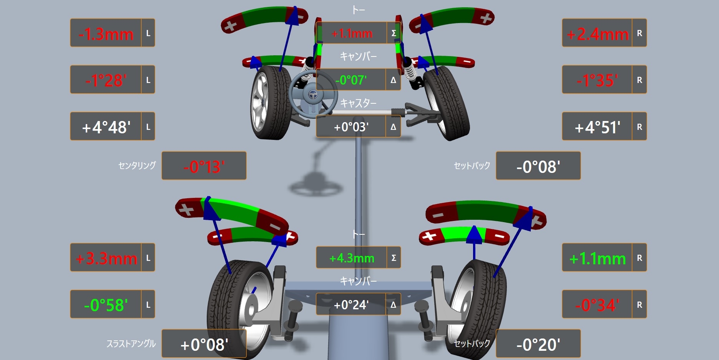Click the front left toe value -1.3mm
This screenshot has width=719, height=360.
[x=106, y=34]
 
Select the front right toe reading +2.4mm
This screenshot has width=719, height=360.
[x=598, y=34]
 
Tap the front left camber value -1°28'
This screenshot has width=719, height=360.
[x=106, y=81]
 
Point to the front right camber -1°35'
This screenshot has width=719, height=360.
[x=597, y=81]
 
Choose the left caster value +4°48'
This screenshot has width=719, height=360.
[x=106, y=127]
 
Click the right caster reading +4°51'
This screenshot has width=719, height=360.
[x=598, y=127]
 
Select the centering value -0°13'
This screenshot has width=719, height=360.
[x=204, y=167]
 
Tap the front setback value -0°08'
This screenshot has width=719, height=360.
[x=538, y=167]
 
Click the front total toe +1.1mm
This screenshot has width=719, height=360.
[x=352, y=34]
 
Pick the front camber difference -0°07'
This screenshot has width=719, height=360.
[x=351, y=80]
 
